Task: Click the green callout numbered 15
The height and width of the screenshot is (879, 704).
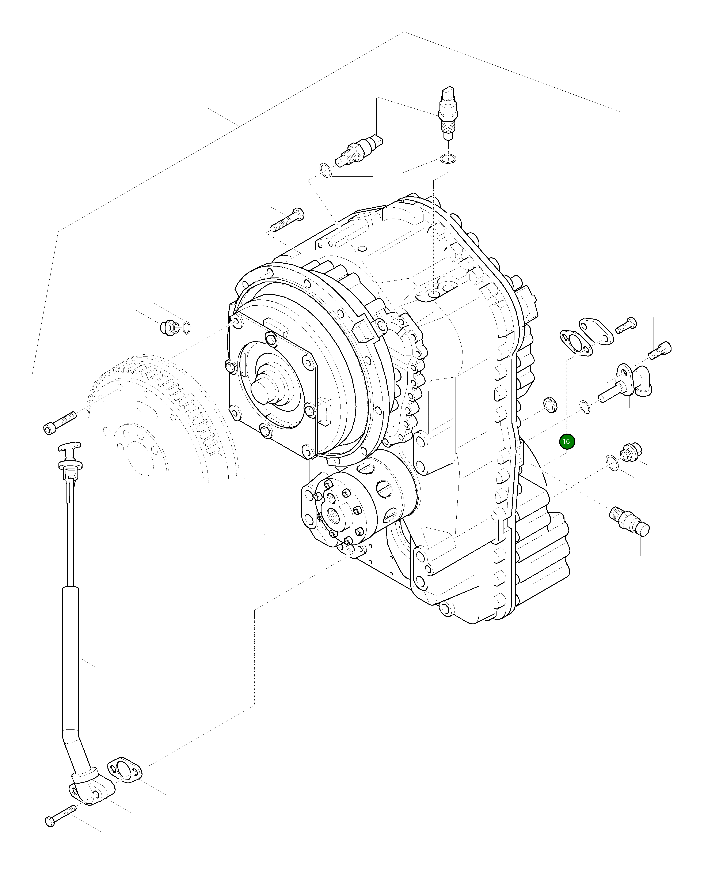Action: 566,442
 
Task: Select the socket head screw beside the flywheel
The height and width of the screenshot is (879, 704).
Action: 60,422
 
